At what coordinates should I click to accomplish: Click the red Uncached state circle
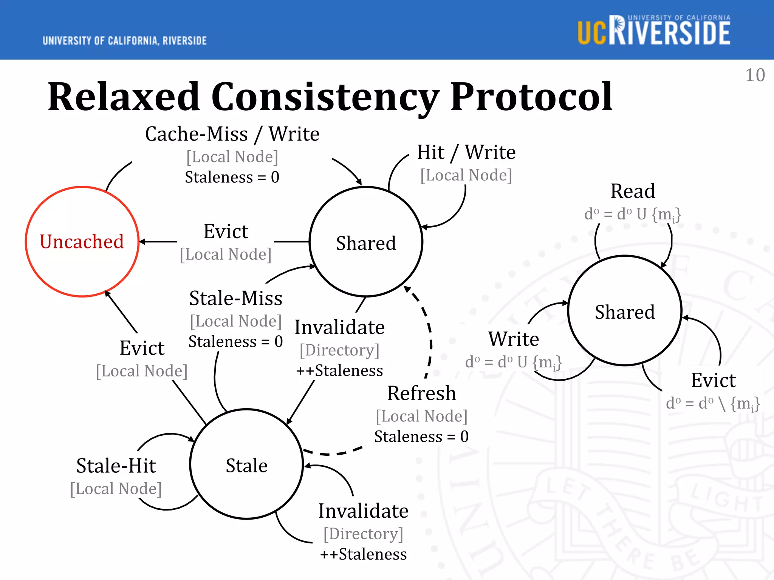[82, 242]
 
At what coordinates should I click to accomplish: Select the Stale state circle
[246, 464]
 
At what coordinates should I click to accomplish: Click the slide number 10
[755, 75]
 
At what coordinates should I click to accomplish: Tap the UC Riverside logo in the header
[654, 31]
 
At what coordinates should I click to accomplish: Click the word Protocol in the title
[531, 97]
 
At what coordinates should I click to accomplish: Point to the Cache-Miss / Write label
[232, 134]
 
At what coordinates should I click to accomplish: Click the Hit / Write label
[466, 153]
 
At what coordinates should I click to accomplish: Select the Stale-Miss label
[235, 298]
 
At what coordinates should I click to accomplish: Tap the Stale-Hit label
[116, 466]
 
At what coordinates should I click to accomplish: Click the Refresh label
[421, 393]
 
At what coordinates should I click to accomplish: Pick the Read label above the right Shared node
[633, 191]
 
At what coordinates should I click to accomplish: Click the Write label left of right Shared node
[513, 339]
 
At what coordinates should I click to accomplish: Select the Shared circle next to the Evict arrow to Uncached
[366, 242]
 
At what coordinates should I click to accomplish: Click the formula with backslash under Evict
[712, 404]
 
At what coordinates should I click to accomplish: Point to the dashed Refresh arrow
[430, 340]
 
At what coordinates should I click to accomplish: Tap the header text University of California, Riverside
[125, 41]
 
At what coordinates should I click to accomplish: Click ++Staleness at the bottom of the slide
[363, 554]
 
